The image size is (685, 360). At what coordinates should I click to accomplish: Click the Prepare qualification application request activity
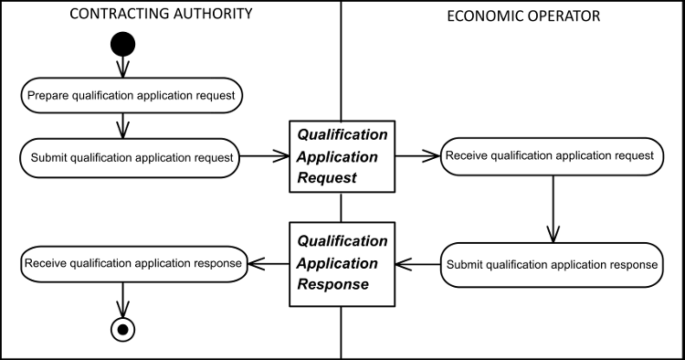(x=123, y=95)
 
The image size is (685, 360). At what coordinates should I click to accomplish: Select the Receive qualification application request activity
(x=546, y=156)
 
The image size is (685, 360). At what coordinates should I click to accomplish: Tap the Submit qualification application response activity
(x=552, y=265)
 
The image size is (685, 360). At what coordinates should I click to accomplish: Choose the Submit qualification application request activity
(x=130, y=158)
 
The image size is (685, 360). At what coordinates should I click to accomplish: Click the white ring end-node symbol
(x=122, y=329)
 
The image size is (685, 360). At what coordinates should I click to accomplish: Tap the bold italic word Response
(x=333, y=284)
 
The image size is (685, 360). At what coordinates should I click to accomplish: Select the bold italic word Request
(x=327, y=177)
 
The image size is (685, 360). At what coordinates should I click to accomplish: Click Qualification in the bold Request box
(x=342, y=134)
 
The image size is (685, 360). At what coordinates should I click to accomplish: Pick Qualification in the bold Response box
(x=342, y=241)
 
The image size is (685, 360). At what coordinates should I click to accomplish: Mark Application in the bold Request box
(x=337, y=156)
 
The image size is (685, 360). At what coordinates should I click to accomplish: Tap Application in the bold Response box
(x=337, y=263)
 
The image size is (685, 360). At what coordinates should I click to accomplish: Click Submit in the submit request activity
(x=49, y=158)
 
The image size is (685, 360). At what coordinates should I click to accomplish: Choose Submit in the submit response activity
(x=465, y=265)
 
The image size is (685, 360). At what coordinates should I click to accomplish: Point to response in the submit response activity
(x=633, y=265)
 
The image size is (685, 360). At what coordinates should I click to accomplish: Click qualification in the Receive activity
(x=521, y=156)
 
